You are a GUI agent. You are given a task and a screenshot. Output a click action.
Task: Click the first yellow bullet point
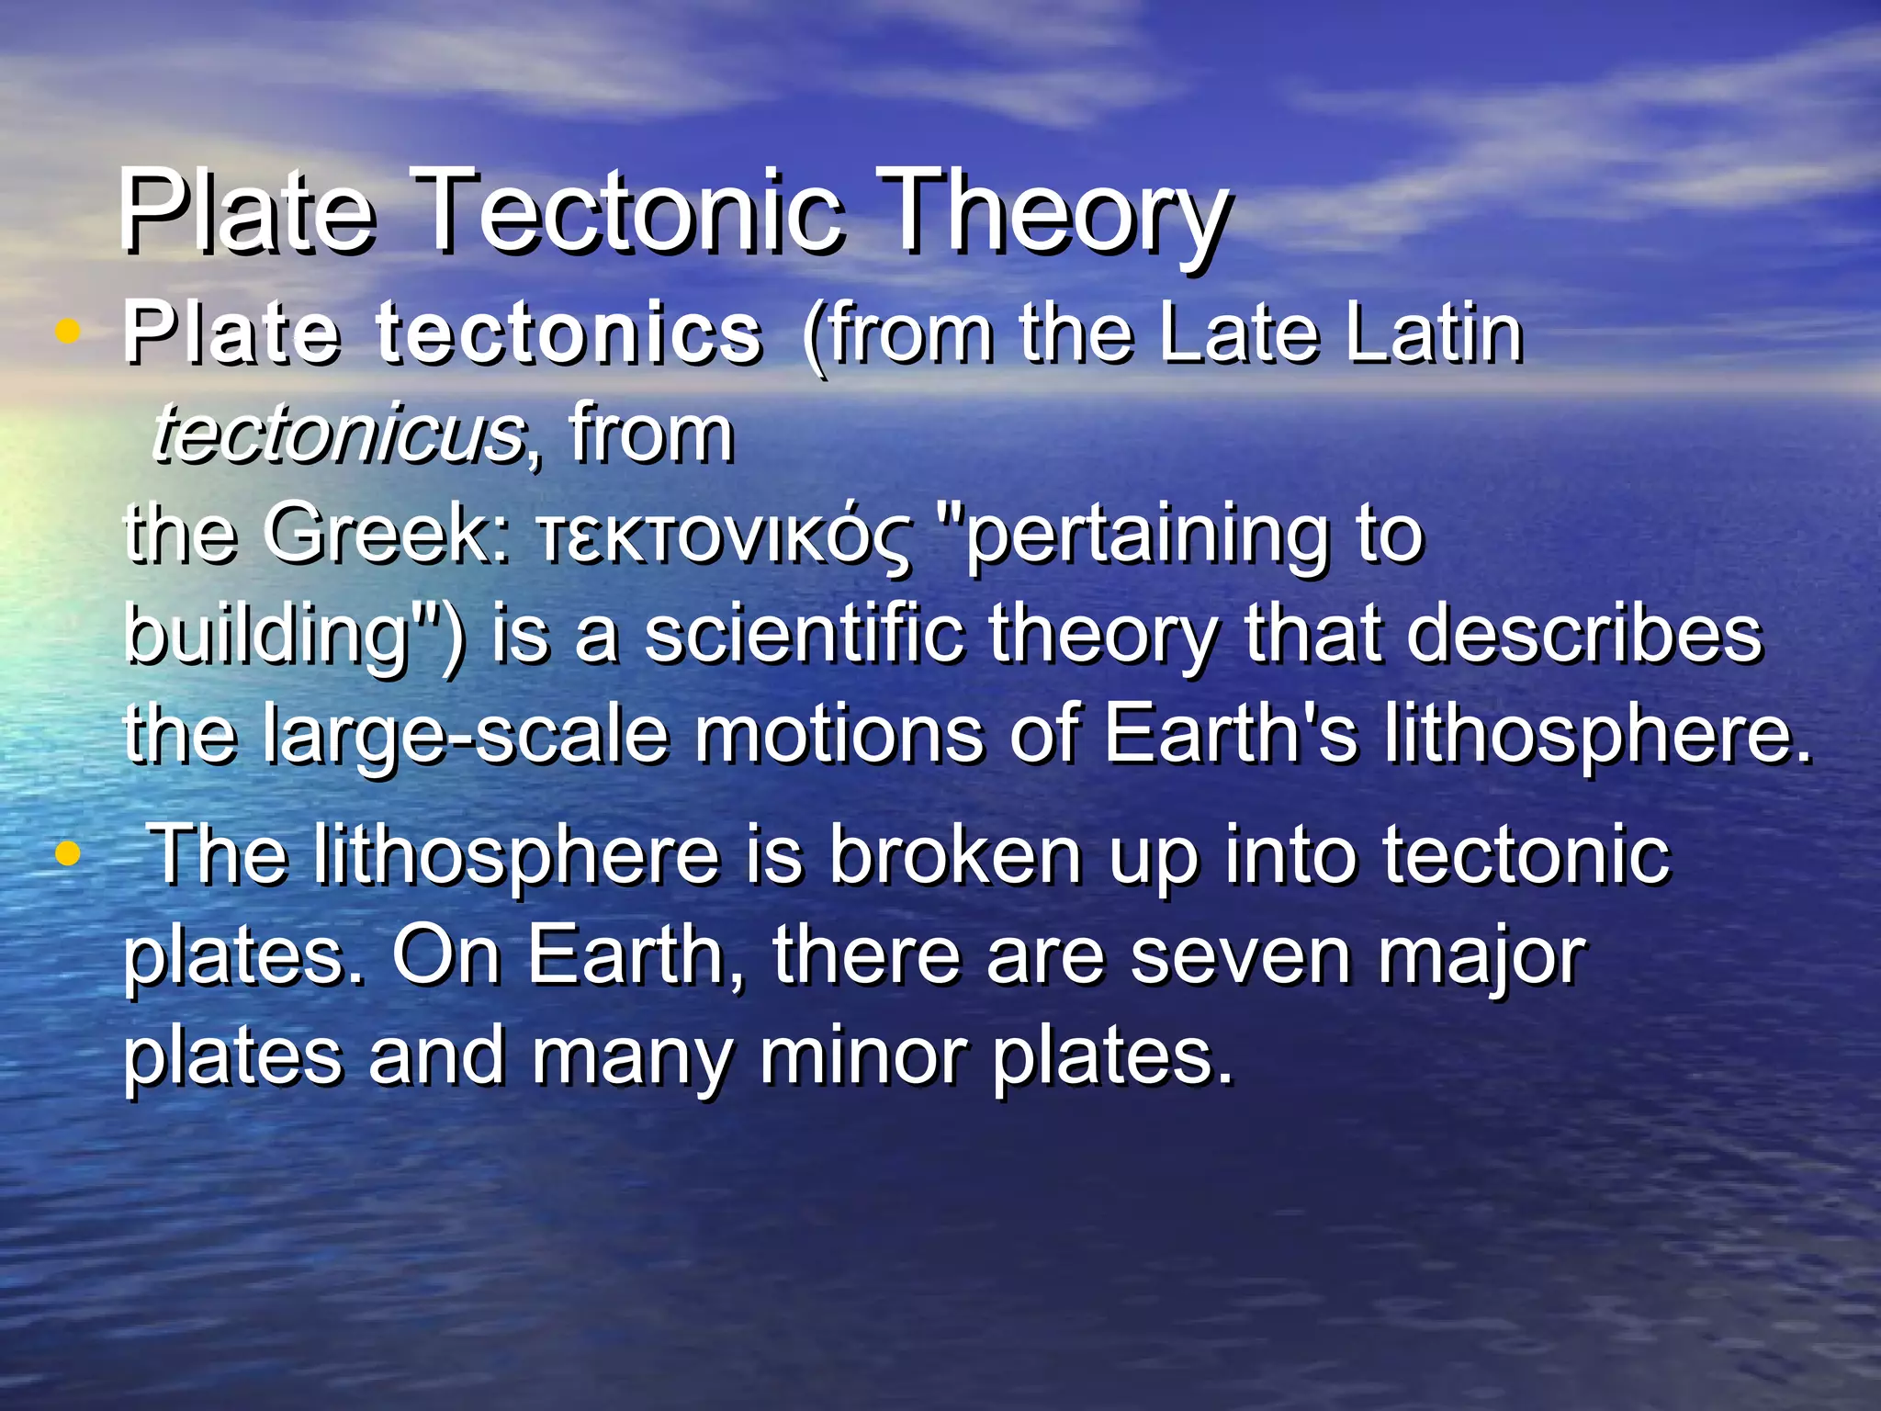pyautogui.click(x=67, y=332)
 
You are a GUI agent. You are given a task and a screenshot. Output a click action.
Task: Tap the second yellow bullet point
pyautogui.click(x=67, y=854)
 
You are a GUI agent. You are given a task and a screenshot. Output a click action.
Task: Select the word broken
pyautogui.click(x=956, y=856)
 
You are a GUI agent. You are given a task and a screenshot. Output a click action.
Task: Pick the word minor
pyautogui.click(x=862, y=1056)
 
